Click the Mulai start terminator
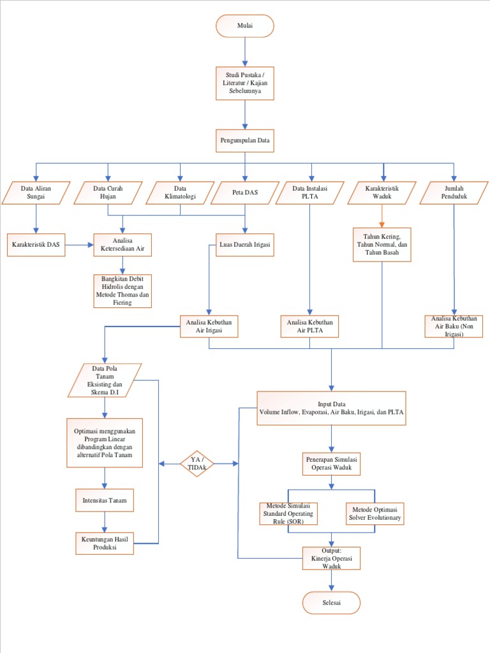click(x=245, y=26)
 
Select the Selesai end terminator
click(x=331, y=603)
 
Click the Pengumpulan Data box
click(x=245, y=140)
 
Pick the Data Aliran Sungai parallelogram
click(x=36, y=193)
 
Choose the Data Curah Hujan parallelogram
click(x=108, y=193)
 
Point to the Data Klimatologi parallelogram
click(x=180, y=193)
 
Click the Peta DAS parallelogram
click(x=245, y=193)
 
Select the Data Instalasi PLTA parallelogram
click(x=310, y=193)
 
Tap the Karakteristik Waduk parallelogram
click(x=382, y=193)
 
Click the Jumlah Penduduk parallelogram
click(x=454, y=193)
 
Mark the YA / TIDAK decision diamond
click(x=197, y=464)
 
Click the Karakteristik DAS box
click(x=36, y=245)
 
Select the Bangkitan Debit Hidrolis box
click(x=123, y=291)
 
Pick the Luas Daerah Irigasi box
click(x=245, y=245)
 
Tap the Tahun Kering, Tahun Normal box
click(x=382, y=244)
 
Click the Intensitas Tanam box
click(x=105, y=501)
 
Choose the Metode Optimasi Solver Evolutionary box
click(x=375, y=513)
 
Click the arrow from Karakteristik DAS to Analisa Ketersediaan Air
click(x=80, y=245)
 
